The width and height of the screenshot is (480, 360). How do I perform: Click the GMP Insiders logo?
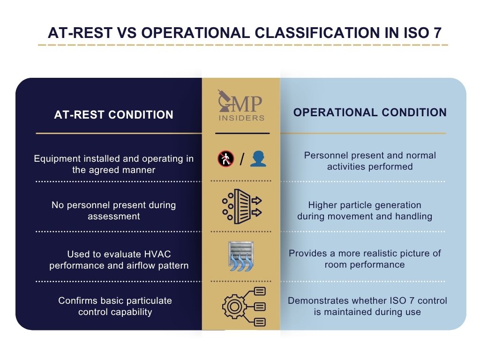tap(241, 107)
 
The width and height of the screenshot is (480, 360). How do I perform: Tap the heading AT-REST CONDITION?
tap(113, 114)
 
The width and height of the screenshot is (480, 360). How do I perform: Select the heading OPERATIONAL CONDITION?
tap(370, 112)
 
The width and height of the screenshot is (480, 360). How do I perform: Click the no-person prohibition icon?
tap(225, 159)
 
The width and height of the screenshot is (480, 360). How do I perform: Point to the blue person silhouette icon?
tap(258, 159)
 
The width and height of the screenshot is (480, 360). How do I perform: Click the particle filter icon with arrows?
tap(241, 206)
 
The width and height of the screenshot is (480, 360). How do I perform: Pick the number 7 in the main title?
tap(436, 33)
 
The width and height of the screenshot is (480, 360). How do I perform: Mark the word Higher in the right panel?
tap(321, 205)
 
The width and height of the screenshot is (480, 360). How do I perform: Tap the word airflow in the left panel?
tap(142, 265)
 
